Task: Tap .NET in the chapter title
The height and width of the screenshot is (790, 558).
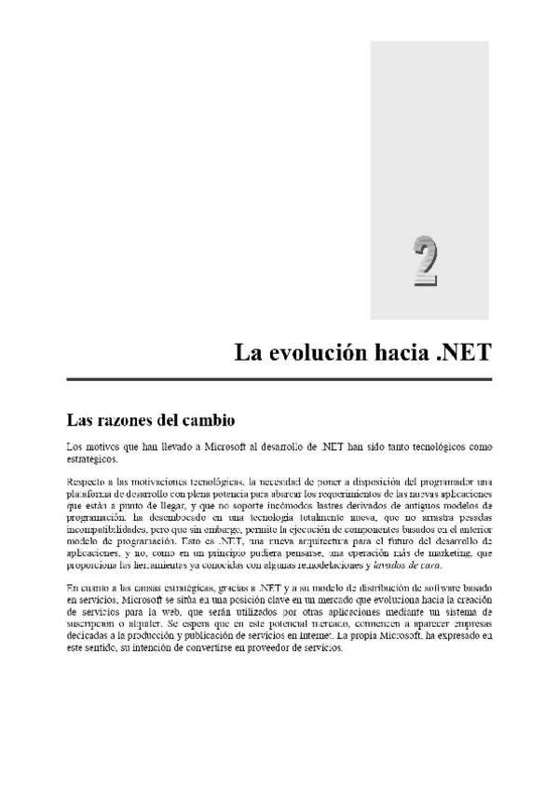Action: [x=457, y=354]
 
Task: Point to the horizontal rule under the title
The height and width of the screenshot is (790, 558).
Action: [x=279, y=380]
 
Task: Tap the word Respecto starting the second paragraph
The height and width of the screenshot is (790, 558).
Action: [x=87, y=480]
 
